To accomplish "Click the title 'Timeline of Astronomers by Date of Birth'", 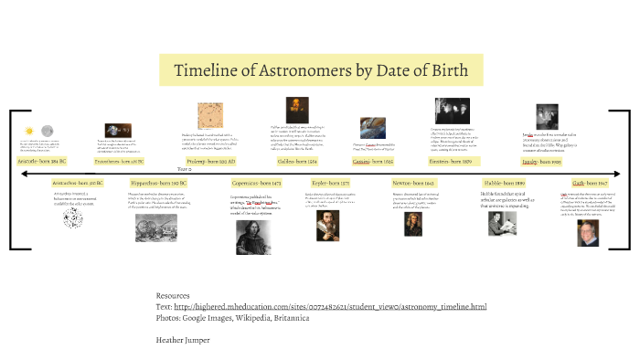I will [x=320, y=70].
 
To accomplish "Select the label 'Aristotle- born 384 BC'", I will [x=43, y=161].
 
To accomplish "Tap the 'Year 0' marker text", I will [x=184, y=170].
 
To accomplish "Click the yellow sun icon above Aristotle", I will [x=28, y=131].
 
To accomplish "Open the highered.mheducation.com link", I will [x=347, y=306].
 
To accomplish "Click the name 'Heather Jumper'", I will [x=183, y=340].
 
